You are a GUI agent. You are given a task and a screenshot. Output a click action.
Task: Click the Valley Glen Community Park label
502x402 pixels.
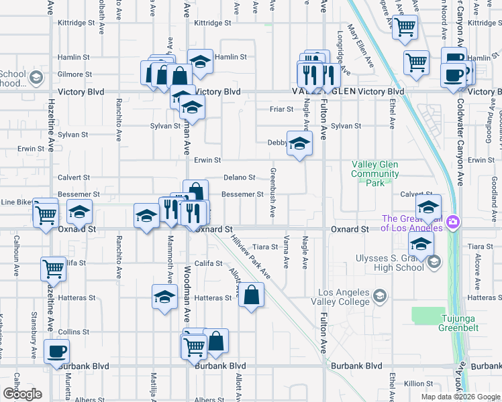(x=374, y=174)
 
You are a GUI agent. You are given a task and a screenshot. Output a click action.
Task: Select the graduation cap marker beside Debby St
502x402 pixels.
(x=299, y=143)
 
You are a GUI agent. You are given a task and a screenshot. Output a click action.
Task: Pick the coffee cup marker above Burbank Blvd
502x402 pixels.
(x=56, y=351)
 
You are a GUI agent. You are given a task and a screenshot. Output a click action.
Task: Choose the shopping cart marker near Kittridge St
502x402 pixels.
(x=405, y=27)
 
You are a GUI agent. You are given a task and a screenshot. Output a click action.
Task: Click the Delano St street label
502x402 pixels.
(x=240, y=178)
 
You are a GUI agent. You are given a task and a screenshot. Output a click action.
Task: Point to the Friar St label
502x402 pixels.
(x=281, y=109)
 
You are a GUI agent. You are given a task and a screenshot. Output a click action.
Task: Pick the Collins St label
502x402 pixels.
(x=73, y=332)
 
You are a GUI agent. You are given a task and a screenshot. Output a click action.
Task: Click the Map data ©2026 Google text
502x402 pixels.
(x=460, y=397)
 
